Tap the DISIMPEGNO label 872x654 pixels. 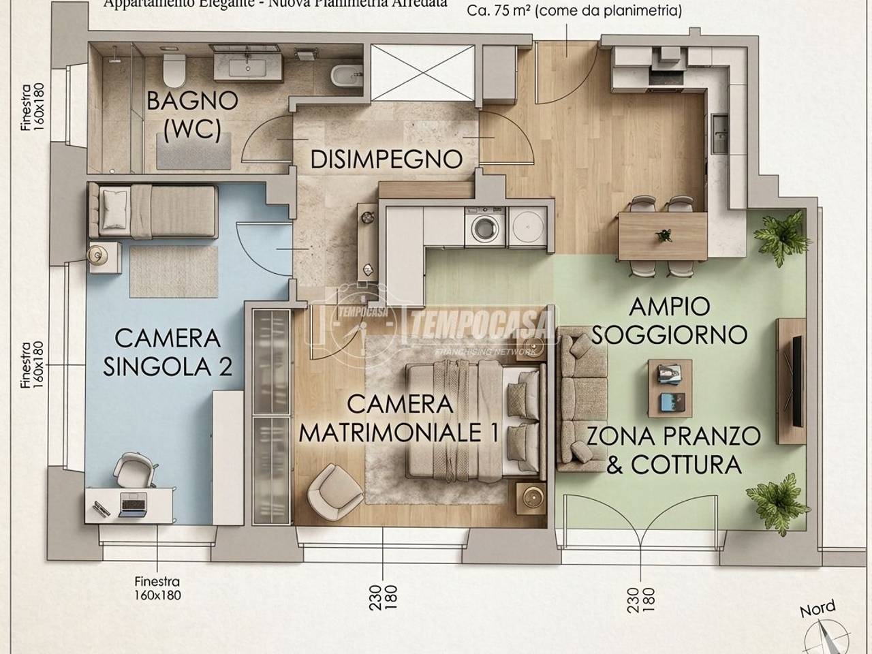coord(386,159)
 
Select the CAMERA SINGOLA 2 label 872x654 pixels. coord(168,352)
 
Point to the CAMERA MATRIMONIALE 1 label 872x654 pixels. coord(399,418)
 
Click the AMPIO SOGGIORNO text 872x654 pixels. coord(688,320)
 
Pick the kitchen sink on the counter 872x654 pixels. coord(719,133)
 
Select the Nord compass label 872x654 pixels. coord(817,608)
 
